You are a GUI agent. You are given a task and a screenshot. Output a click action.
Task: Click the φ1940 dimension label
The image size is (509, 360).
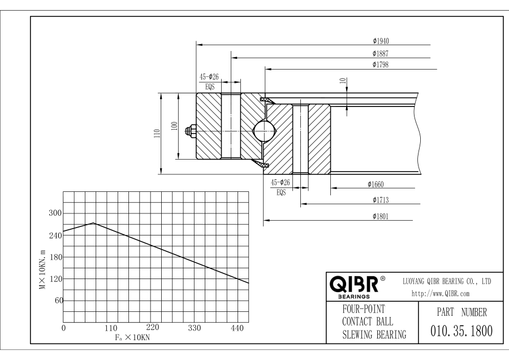(381, 41)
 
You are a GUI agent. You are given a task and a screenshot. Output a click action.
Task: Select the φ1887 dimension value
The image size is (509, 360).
(381, 53)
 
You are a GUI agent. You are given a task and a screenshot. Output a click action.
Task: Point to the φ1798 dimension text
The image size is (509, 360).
(381, 65)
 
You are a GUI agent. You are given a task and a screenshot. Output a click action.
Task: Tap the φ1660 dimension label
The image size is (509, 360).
(376, 184)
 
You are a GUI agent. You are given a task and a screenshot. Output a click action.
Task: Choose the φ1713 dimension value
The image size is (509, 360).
(381, 200)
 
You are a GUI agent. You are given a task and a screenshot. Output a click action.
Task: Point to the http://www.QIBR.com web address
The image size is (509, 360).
(442, 293)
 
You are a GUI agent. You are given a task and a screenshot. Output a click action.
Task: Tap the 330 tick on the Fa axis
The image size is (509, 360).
(194, 328)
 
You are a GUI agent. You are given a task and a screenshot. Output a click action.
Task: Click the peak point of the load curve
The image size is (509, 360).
(94, 223)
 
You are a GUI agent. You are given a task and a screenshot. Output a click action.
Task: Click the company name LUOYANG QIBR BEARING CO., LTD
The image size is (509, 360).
(446, 281)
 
